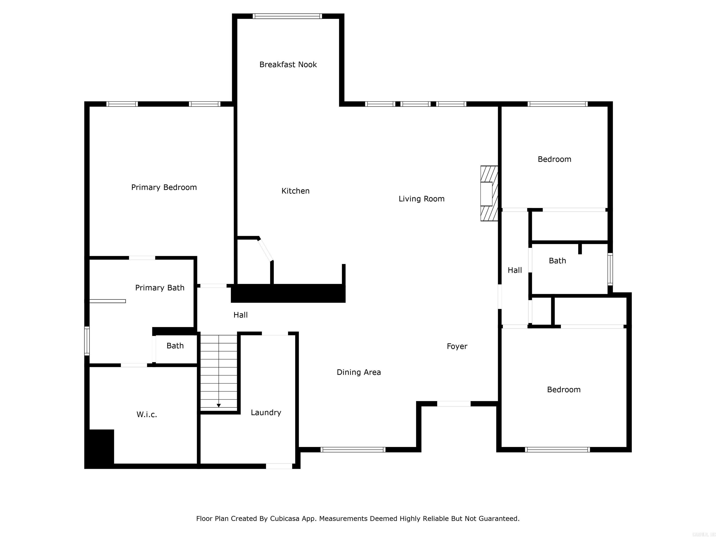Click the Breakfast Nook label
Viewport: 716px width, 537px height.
tap(288, 64)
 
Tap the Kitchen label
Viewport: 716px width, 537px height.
tap(295, 191)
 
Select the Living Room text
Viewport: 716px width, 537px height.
tap(421, 199)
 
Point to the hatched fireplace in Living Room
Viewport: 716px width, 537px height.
tap(489, 193)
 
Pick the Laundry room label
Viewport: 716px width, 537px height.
tap(266, 412)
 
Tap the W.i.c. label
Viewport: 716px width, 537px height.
tap(147, 415)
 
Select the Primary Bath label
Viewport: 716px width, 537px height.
tap(160, 288)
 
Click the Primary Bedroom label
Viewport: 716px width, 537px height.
tap(164, 187)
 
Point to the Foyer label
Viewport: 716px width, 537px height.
tap(457, 346)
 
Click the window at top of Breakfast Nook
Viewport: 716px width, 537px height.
tap(287, 16)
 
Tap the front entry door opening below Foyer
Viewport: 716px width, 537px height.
tap(454, 404)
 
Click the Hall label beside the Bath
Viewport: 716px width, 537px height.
tap(515, 270)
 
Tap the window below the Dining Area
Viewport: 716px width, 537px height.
tap(353, 449)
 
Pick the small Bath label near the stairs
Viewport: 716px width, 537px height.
tap(175, 346)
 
